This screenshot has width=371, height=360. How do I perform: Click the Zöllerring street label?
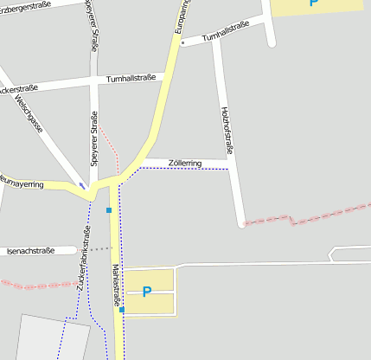(x=185, y=163)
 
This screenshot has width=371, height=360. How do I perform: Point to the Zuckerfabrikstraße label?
(x=83, y=259)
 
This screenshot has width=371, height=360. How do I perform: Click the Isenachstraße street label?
(x=30, y=251)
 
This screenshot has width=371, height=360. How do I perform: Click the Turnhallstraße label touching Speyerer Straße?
(x=131, y=79)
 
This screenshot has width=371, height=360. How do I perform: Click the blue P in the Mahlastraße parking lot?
(x=146, y=292)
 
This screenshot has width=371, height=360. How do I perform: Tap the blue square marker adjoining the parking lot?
(x=122, y=309)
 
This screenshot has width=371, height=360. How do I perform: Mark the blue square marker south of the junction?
(x=109, y=209)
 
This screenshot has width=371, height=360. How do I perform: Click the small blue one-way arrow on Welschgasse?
(x=82, y=184)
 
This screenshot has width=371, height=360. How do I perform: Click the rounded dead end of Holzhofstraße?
(x=242, y=224)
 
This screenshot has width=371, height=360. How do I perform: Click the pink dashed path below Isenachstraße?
(x=35, y=285)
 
